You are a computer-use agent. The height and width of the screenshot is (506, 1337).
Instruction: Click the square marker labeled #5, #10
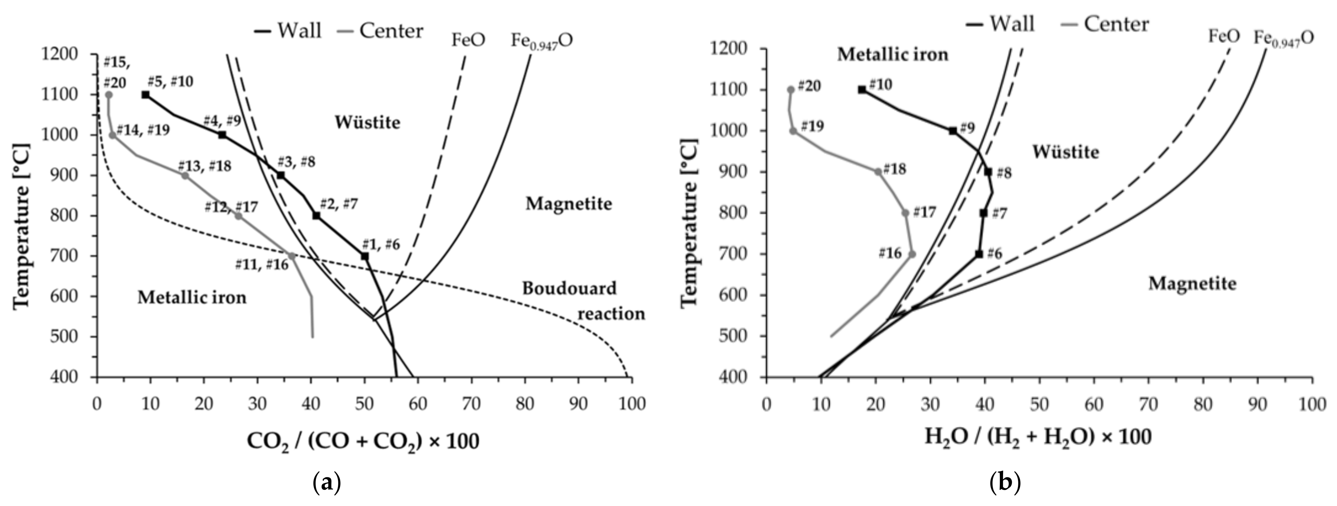click(x=146, y=94)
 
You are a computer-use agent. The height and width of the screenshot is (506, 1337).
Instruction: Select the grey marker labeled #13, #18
click(x=185, y=176)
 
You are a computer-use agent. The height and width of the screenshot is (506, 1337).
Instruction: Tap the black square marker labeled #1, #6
click(x=365, y=256)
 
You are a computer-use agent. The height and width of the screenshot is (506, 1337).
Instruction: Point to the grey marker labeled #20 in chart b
click(x=790, y=89)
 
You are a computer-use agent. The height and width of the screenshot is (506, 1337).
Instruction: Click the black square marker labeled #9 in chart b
click(x=953, y=131)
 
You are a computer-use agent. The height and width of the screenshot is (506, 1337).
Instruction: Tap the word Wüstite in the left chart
click(x=368, y=122)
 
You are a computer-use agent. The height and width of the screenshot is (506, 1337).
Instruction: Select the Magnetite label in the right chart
click(x=1192, y=284)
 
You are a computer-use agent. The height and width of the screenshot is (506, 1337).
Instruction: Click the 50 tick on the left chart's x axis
click(x=364, y=404)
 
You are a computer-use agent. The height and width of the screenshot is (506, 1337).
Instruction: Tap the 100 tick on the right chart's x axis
click(x=1311, y=404)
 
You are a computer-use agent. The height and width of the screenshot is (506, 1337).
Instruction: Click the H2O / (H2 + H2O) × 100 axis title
click(x=1038, y=437)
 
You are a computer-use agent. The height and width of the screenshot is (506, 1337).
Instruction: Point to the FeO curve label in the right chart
click(x=1224, y=36)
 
